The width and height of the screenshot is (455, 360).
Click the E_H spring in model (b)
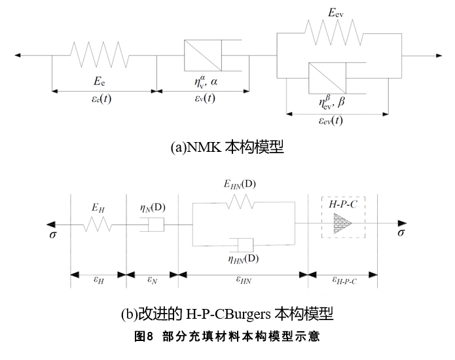97,225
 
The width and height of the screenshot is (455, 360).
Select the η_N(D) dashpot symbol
152,225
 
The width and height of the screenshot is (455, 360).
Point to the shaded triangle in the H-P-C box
339,224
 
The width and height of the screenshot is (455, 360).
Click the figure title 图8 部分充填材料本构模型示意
227,337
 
